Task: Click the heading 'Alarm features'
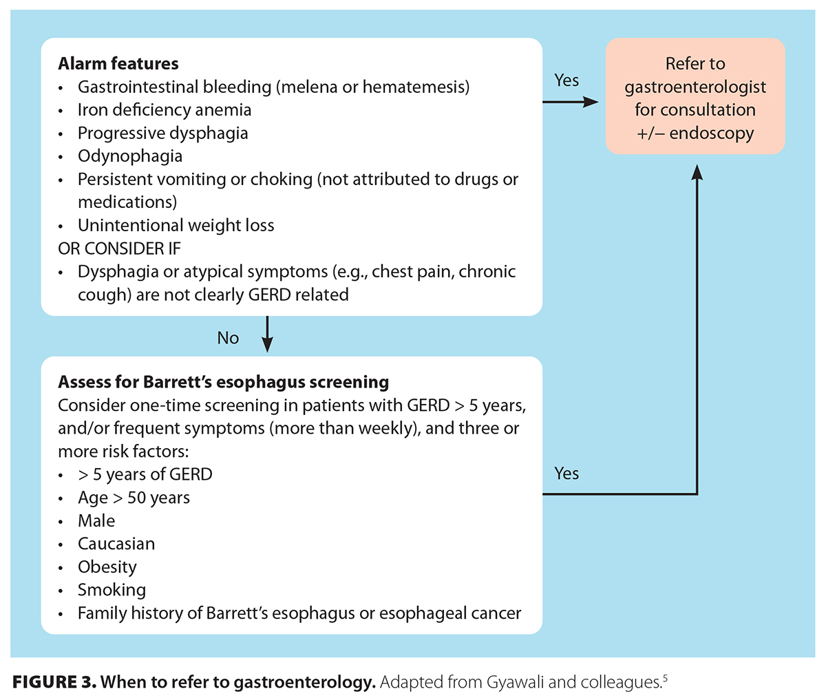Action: point(118,64)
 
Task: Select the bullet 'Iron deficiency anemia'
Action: point(164,110)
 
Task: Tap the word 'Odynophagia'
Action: point(129,156)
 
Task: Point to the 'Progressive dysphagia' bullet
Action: point(162,133)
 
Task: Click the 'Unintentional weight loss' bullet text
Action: point(176,226)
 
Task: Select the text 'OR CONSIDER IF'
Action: point(119,248)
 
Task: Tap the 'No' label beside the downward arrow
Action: point(228,338)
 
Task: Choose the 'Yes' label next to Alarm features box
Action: point(566,81)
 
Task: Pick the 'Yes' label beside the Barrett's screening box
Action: point(566,474)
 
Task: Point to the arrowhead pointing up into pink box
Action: point(697,172)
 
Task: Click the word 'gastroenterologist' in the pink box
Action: point(695,87)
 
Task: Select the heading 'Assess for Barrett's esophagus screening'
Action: point(223,382)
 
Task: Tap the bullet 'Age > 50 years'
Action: point(134,498)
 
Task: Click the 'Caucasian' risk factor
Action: point(116,544)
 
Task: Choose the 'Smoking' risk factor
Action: point(112,591)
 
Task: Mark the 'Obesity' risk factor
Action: point(107,567)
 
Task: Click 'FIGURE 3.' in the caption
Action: point(54,683)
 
